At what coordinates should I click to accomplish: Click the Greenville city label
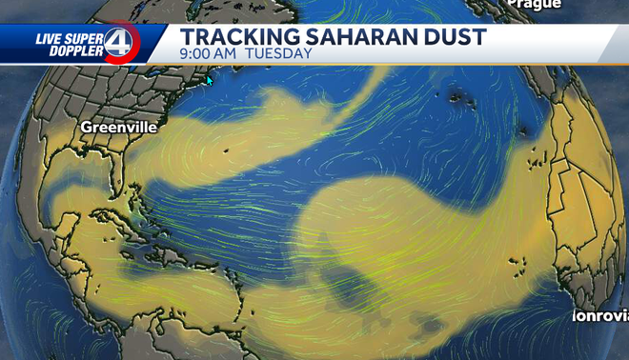tap(118, 127)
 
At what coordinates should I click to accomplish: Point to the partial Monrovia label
tap(599, 315)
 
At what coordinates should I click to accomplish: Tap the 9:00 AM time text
tap(207, 54)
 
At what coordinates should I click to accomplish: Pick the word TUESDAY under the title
tap(279, 54)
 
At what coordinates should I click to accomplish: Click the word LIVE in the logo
tap(50, 39)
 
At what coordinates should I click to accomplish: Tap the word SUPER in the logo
tap(87, 39)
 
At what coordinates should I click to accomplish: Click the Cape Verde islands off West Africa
tap(518, 262)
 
